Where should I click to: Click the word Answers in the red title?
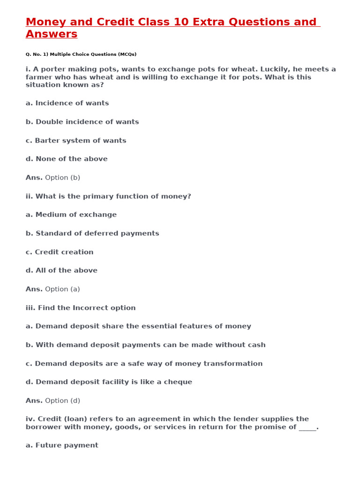click(52, 34)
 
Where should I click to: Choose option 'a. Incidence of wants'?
click(67, 103)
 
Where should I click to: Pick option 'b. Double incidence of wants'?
click(82, 122)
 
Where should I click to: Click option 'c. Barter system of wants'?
click(76, 141)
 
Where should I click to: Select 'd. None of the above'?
click(67, 159)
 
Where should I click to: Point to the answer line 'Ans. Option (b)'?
click(53, 178)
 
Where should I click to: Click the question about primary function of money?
click(108, 196)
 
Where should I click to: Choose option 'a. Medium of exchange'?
click(71, 215)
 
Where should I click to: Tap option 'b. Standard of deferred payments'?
click(92, 233)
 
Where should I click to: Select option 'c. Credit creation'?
click(60, 252)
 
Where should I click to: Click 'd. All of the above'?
click(61, 270)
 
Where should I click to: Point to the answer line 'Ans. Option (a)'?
click(53, 289)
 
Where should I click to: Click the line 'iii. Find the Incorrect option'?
click(81, 308)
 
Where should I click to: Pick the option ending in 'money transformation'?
click(144, 364)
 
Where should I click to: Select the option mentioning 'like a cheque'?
click(109, 382)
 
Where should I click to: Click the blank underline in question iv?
click(307, 427)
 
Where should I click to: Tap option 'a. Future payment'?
click(62, 445)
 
